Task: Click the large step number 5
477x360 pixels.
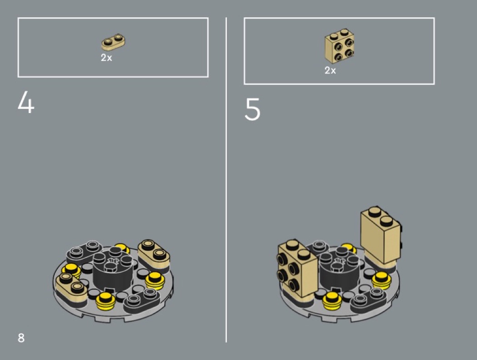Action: click(x=252, y=109)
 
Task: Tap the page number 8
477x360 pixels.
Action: click(x=21, y=338)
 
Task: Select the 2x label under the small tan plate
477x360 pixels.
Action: click(x=106, y=58)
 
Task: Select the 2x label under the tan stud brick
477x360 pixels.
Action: click(x=330, y=70)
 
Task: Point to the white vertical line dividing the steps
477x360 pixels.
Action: click(x=226, y=180)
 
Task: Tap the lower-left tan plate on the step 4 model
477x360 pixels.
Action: click(x=70, y=287)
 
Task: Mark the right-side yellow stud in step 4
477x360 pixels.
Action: click(x=154, y=280)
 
